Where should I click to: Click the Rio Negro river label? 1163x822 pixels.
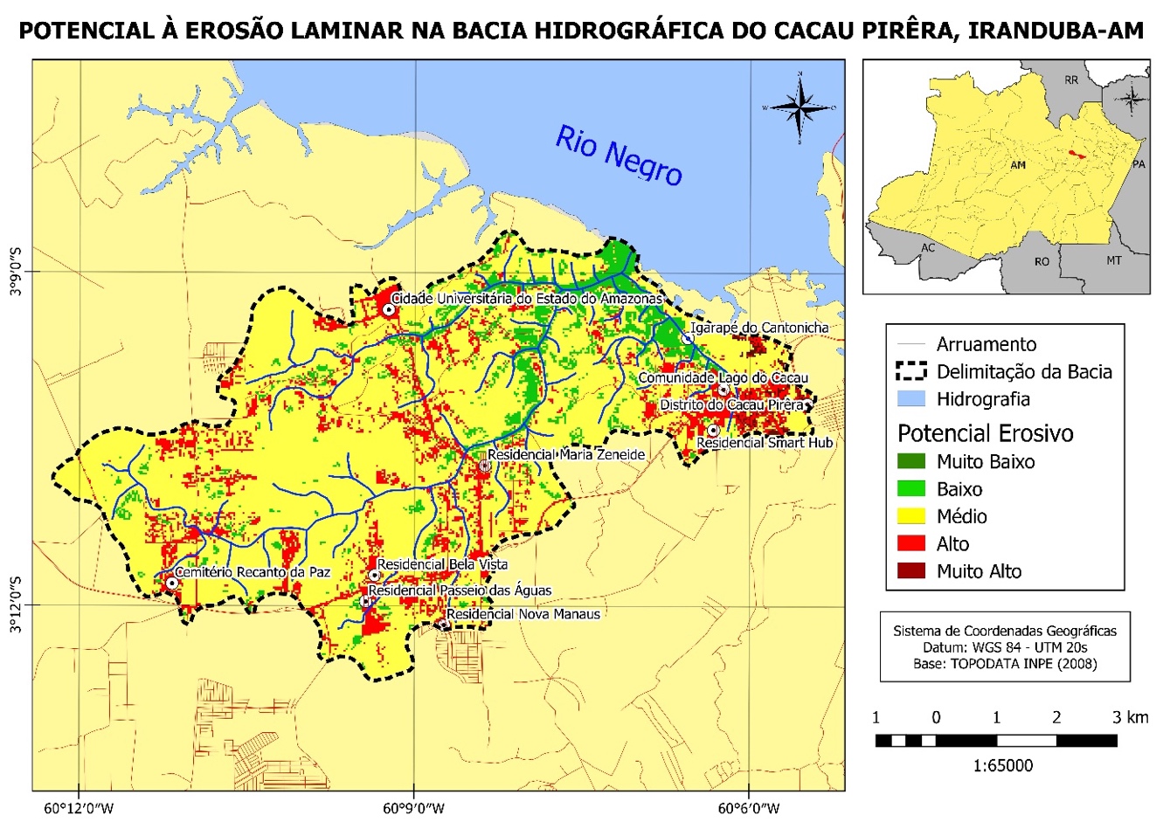[619, 155]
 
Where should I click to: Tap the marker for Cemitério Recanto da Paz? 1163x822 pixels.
[172, 583]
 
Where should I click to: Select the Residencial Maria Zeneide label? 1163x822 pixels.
[566, 455]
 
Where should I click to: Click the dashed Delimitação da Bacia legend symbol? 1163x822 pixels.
[910, 372]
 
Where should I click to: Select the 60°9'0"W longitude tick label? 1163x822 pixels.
[413, 807]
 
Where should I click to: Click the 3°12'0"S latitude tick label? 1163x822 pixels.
[16, 604]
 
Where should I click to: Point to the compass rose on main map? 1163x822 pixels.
[800, 107]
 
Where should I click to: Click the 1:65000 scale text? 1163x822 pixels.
[1002, 766]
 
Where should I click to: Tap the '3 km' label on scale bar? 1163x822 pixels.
[1131, 718]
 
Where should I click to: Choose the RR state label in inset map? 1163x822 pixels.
[1071, 80]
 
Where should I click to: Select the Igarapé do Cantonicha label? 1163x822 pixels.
[758, 328]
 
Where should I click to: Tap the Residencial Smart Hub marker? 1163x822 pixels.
[713, 430]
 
